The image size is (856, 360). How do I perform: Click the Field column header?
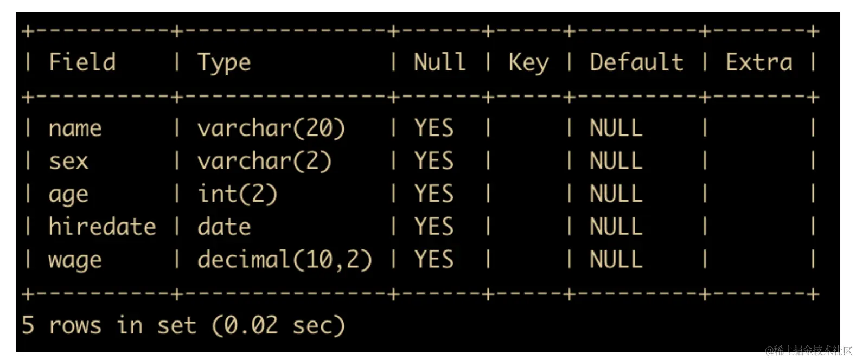point(82,62)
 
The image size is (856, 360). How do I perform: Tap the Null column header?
point(439,62)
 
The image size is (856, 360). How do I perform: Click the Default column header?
point(636,62)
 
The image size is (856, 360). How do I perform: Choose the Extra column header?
point(759,62)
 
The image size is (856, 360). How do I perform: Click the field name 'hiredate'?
point(102,227)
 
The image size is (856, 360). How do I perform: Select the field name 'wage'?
point(75,260)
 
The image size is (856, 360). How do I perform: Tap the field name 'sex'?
point(68,161)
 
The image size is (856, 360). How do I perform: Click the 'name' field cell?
point(75,128)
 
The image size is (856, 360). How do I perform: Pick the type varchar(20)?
point(271,128)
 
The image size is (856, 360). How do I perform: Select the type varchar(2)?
point(264,161)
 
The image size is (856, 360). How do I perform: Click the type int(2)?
point(237,194)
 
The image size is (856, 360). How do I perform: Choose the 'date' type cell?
point(224,227)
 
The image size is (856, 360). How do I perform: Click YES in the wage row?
point(434,260)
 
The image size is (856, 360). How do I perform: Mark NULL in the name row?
point(616,128)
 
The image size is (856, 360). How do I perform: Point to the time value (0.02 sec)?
point(278,326)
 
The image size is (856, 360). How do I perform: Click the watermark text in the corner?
point(808,351)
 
